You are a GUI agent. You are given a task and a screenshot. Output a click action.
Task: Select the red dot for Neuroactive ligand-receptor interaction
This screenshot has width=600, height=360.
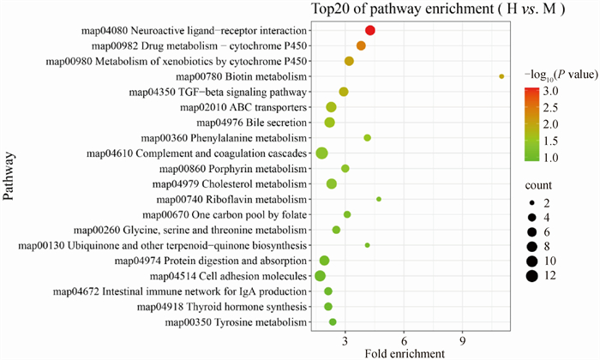coord(370,31)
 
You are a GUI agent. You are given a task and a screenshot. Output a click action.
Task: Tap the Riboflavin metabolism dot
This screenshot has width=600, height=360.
coord(379,199)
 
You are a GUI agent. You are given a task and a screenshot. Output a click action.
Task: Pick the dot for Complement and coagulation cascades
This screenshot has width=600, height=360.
coord(322,153)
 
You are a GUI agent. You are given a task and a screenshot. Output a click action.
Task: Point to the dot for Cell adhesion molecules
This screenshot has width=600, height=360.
coord(321,275)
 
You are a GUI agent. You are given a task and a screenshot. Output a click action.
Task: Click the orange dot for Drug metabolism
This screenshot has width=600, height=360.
coord(361,45)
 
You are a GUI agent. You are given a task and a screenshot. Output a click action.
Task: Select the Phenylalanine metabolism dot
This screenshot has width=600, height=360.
coord(368,138)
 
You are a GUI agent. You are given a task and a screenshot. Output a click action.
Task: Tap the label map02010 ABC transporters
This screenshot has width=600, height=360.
coord(244,107)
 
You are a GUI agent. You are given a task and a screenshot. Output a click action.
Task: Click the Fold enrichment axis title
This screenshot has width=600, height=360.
coord(404,352)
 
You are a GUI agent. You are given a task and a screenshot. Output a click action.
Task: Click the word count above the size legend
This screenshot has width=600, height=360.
coord(540,185)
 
